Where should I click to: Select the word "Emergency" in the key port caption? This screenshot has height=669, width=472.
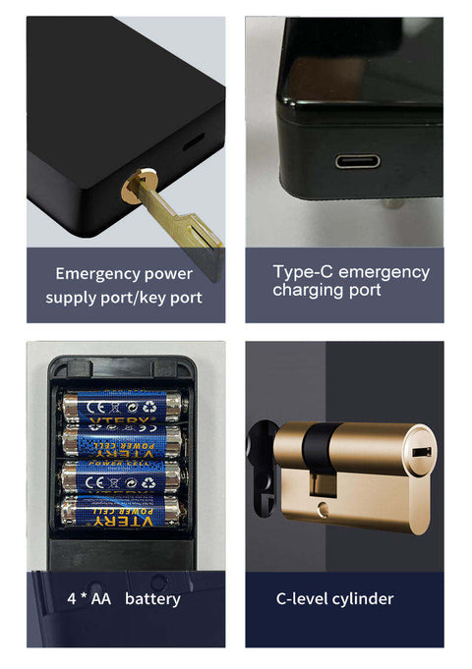(94, 273)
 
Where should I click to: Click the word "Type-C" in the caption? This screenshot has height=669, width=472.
(300, 271)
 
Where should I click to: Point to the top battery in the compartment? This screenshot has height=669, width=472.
(122, 404)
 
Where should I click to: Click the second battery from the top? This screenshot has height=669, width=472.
(122, 440)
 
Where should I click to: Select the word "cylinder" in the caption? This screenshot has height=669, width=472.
(360, 598)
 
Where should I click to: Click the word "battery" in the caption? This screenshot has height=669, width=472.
(152, 598)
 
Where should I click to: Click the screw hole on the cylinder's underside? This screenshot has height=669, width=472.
(324, 508)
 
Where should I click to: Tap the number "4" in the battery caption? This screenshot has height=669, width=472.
(72, 598)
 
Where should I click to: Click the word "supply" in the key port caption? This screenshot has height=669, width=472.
(72, 297)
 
